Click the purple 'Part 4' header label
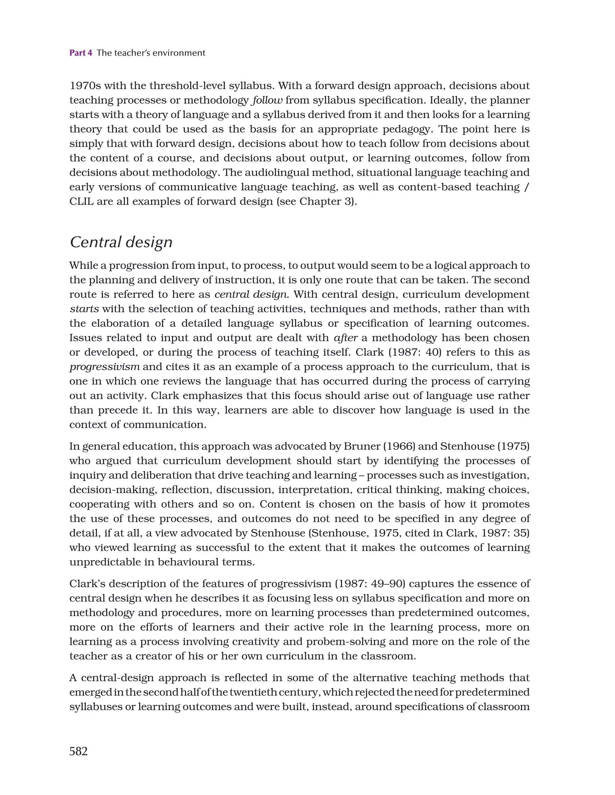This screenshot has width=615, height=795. (80, 53)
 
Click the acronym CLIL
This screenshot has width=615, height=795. (81, 201)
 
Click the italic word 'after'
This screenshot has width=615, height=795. (345, 338)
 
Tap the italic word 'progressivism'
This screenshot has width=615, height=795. (105, 367)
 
